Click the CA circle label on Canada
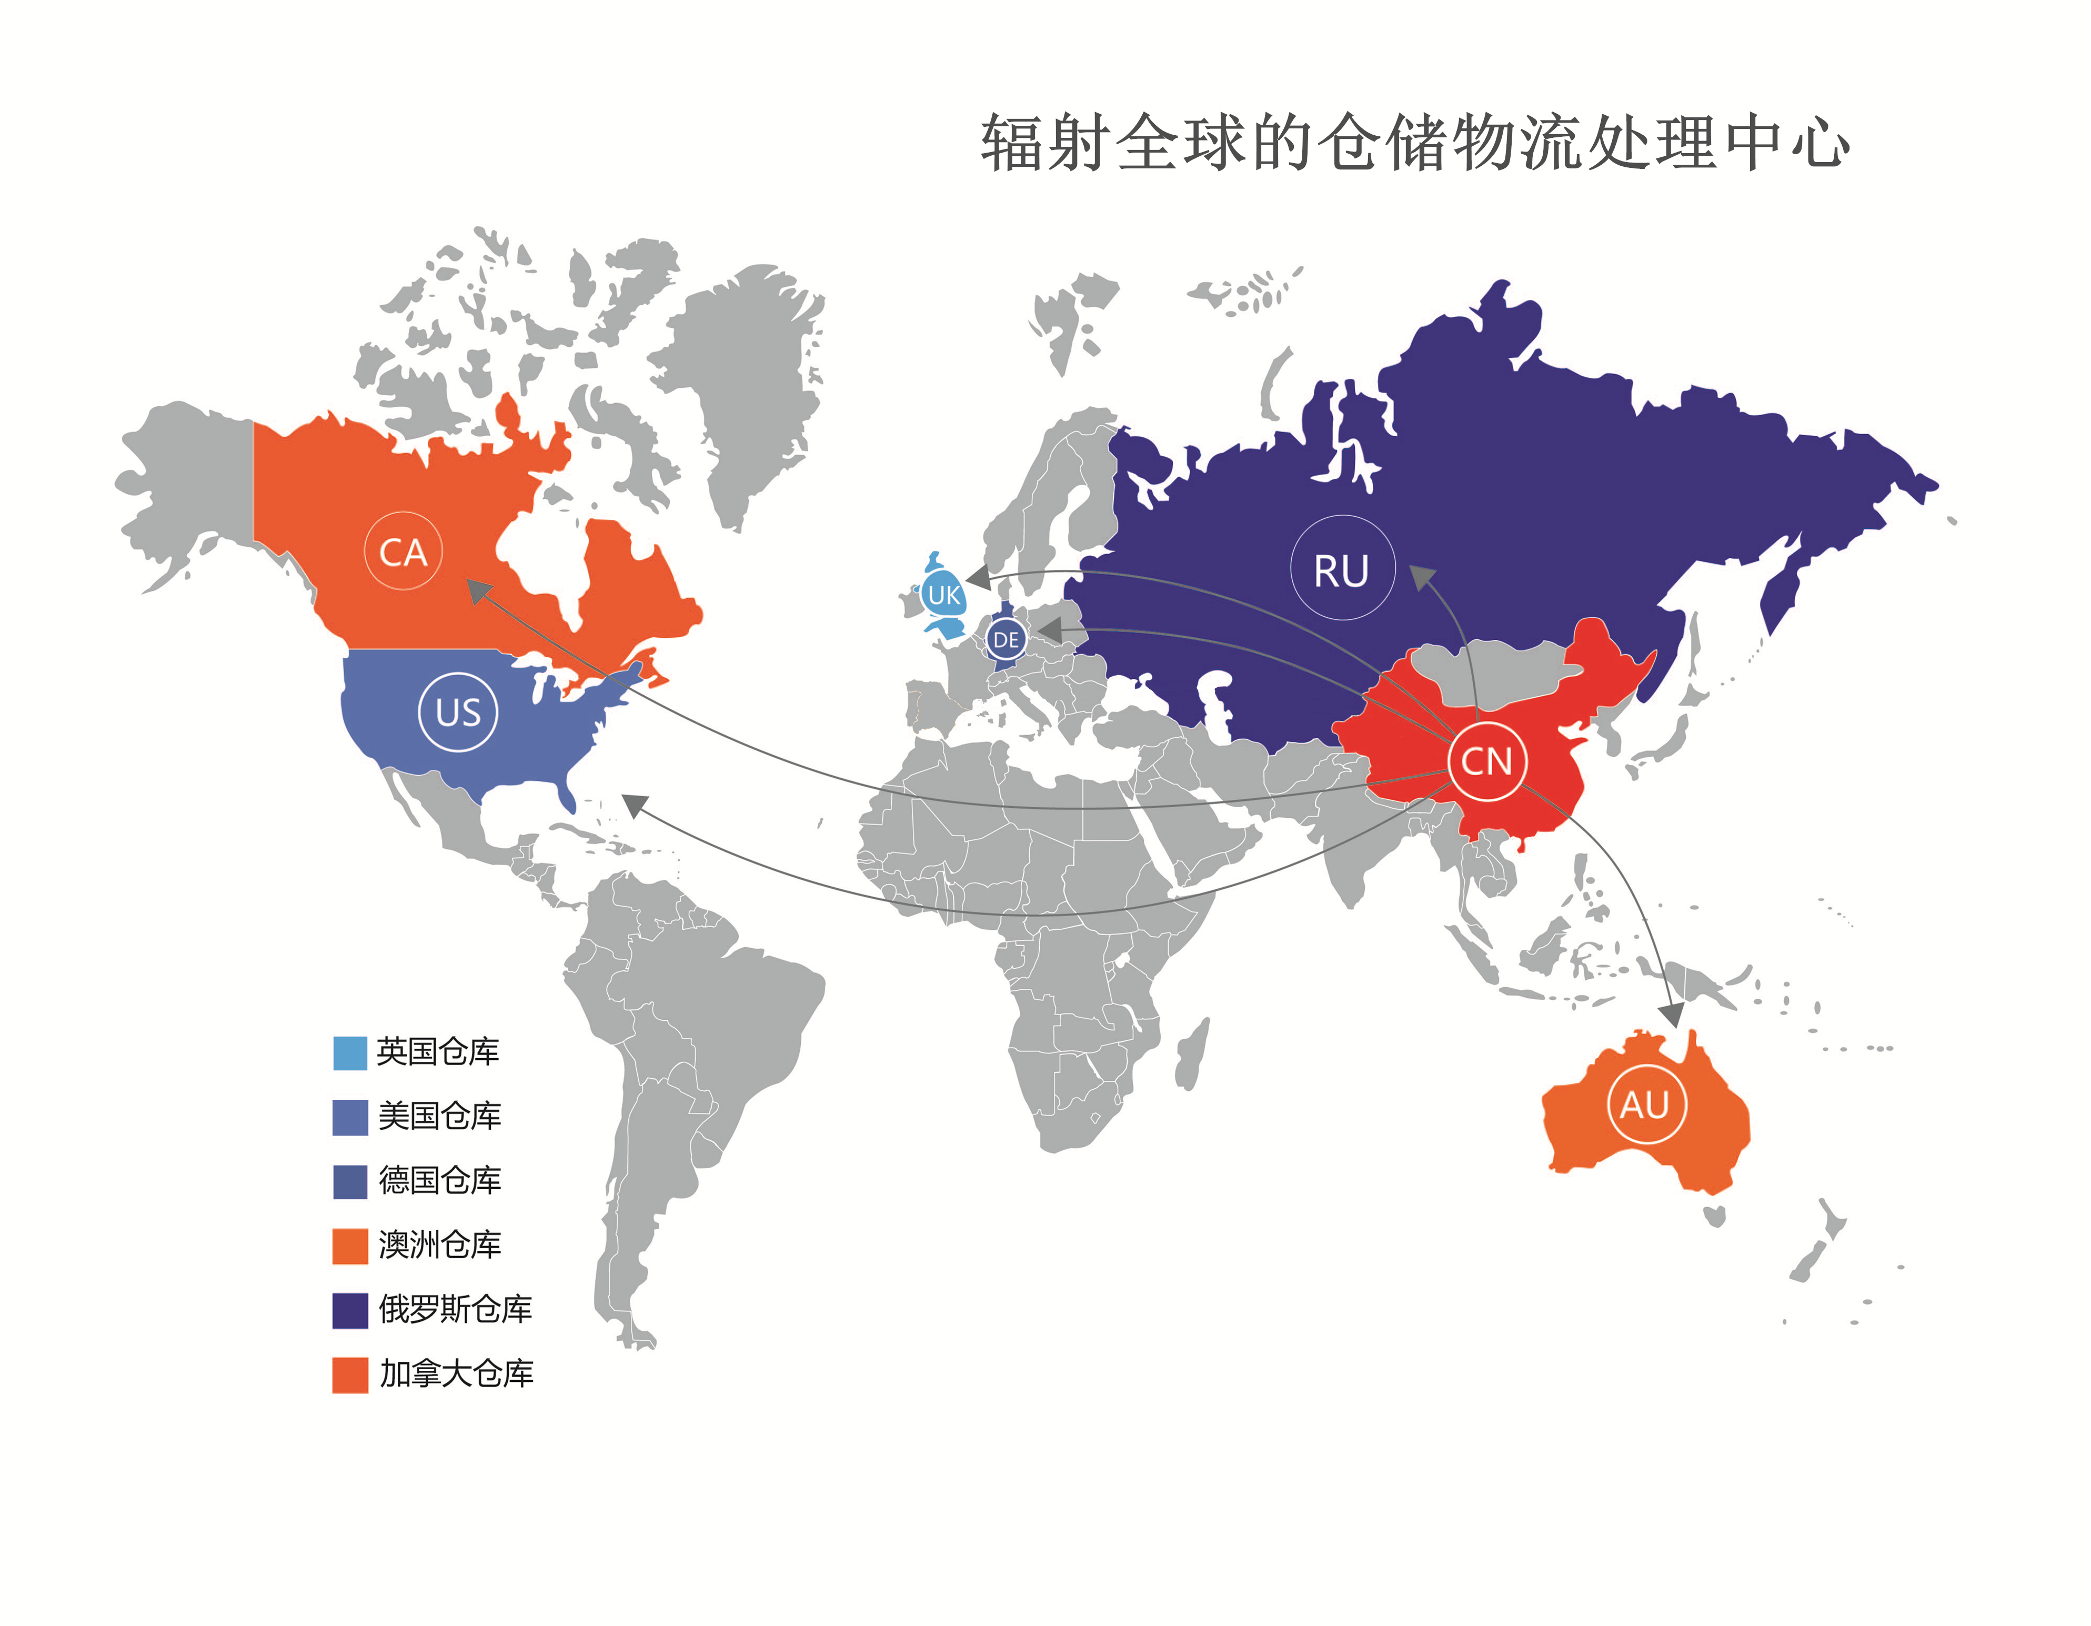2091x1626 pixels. (x=403, y=551)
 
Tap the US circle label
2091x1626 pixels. (x=458, y=711)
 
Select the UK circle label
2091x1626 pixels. (x=944, y=595)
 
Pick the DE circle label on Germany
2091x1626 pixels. (x=1006, y=639)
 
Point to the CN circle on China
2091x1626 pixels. (x=1486, y=761)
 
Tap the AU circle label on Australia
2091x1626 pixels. (x=1645, y=1104)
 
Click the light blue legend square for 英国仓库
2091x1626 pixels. (x=349, y=1052)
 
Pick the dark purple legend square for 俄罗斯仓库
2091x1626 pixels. (x=349, y=1310)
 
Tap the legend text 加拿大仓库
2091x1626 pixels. (x=456, y=1374)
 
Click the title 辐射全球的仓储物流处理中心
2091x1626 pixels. (x=1414, y=144)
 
